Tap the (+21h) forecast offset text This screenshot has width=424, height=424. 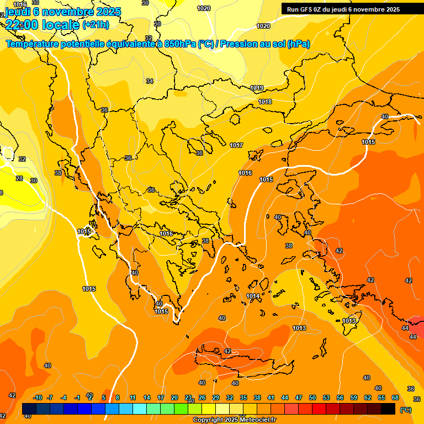click(x=96, y=24)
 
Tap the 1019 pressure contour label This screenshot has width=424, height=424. click(x=257, y=88)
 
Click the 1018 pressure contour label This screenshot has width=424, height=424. click(x=265, y=102)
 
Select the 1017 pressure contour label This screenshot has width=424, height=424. click(x=237, y=145)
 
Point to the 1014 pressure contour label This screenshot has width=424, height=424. click(x=253, y=296)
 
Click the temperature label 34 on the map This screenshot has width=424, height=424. click(x=150, y=81)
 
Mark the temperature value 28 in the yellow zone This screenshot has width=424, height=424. click(x=19, y=178)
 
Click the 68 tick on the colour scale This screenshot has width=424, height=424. click(x=395, y=397)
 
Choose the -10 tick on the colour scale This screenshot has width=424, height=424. click(x=38, y=397)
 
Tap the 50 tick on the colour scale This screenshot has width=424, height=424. click(x=312, y=397)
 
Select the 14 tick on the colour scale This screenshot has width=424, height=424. click(x=147, y=397)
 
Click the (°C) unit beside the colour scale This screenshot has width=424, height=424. click(x=406, y=410)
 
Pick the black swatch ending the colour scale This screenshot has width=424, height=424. click(x=388, y=409)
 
